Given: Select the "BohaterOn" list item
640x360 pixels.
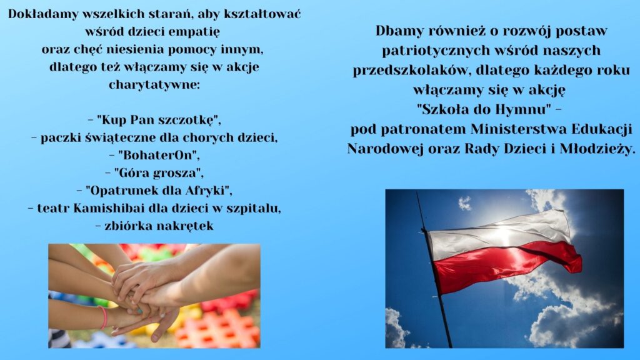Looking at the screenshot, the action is click(155, 155).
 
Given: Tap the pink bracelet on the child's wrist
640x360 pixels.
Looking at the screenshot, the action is click(103, 317).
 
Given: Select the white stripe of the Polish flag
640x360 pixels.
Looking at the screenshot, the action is click(498, 235).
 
